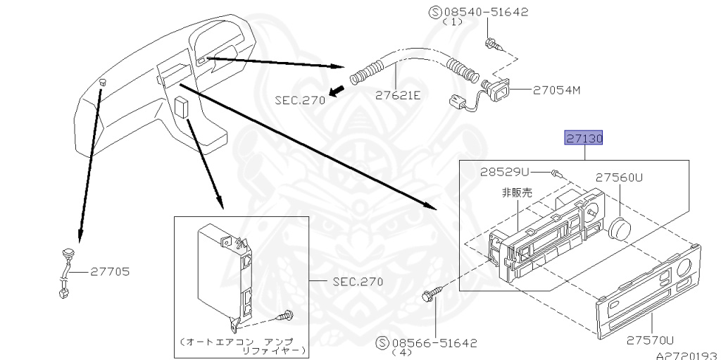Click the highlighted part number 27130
pyautogui.click(x=584, y=138)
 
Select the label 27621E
pyautogui.click(x=398, y=95)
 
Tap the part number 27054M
pyautogui.click(x=556, y=90)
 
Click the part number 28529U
pyautogui.click(x=505, y=172)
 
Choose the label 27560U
pyautogui.click(x=619, y=178)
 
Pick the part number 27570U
pyautogui.click(x=650, y=340)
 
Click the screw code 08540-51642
pyautogui.click(x=484, y=12)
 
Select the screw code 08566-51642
pyautogui.click(x=434, y=343)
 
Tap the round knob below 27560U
pyautogui.click(x=620, y=228)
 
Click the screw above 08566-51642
pyautogui.click(x=432, y=294)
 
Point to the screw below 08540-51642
pyautogui.click(x=494, y=45)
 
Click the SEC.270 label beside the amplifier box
pyautogui.click(x=358, y=282)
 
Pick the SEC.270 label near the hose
pyautogui.click(x=300, y=100)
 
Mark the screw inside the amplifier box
pyautogui.click(x=284, y=316)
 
